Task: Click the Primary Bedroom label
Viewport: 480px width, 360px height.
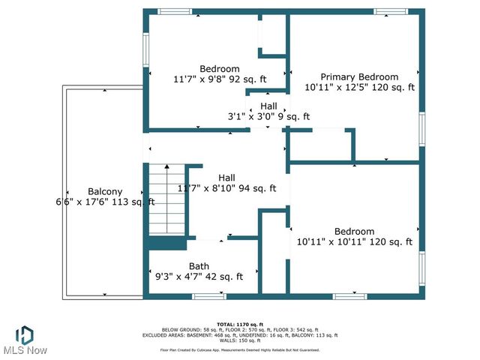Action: click(x=359, y=77)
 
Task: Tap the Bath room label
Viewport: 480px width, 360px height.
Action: click(x=199, y=265)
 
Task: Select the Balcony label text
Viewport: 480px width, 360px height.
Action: click(x=105, y=191)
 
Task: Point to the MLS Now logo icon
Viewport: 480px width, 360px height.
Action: click(x=24, y=334)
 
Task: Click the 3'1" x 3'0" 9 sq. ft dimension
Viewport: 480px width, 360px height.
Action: click(x=268, y=117)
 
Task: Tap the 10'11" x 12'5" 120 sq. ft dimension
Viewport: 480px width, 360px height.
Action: click(x=359, y=88)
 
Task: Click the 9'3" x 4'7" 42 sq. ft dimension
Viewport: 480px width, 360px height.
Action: click(x=199, y=276)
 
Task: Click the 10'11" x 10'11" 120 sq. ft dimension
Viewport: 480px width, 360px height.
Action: click(x=355, y=241)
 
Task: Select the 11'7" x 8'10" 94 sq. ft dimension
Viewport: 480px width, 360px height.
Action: click(x=226, y=188)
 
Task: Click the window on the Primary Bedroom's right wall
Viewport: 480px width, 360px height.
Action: click(x=422, y=129)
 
